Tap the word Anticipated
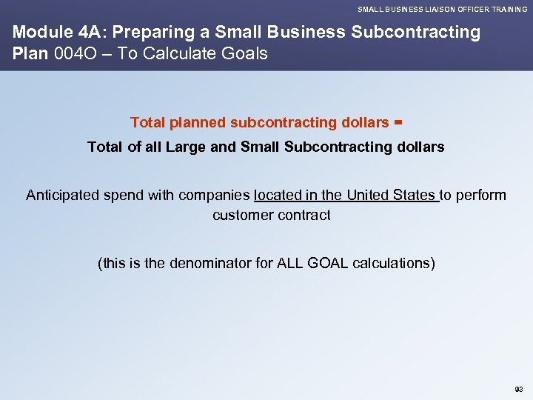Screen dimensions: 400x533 [x=64, y=196]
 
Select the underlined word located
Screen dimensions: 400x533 [x=277, y=196]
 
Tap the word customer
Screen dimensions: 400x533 [x=241, y=216]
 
